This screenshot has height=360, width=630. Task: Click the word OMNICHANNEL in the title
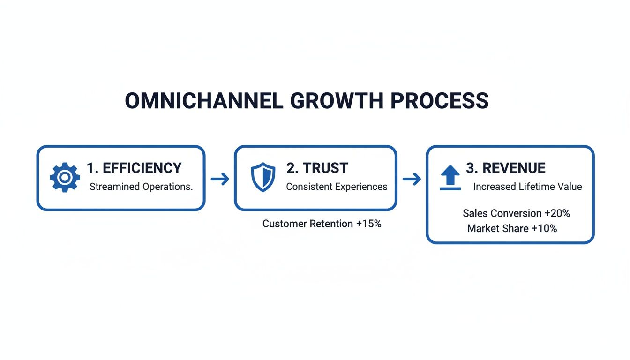click(204, 101)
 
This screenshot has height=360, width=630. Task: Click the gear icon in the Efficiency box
click(65, 177)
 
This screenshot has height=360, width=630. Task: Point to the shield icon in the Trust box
click(263, 177)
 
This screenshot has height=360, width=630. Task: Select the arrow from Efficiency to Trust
click(220, 179)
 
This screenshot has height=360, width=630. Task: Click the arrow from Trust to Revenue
click(412, 179)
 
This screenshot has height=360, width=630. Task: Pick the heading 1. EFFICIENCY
click(134, 168)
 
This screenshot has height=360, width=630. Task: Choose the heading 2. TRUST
click(317, 168)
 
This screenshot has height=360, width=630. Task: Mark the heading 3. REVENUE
click(505, 168)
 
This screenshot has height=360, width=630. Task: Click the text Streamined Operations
click(141, 187)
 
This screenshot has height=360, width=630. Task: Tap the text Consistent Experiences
click(337, 187)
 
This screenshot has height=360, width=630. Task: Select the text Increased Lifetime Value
click(527, 187)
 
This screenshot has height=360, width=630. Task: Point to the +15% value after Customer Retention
click(369, 224)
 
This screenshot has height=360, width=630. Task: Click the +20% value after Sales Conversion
click(557, 213)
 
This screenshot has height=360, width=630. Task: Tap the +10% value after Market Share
click(545, 228)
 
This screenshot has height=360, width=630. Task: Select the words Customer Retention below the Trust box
click(307, 224)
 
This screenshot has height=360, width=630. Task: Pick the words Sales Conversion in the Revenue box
click(502, 213)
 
